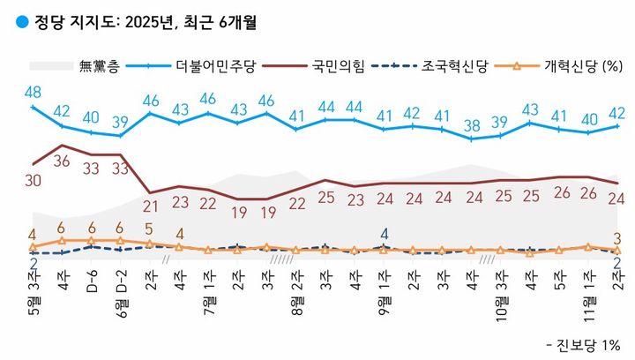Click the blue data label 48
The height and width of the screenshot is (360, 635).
(34, 91)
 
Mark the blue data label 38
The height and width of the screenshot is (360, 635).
(473, 124)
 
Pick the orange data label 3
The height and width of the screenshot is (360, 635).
(618, 236)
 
